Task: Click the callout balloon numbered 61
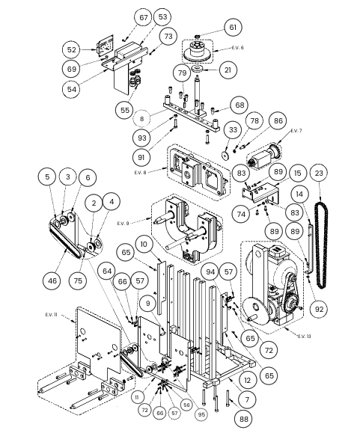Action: [233, 28]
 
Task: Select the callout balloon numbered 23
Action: [319, 173]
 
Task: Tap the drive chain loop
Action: [321, 245]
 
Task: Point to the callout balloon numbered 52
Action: [72, 50]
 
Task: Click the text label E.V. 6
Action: [237, 48]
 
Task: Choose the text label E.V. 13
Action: [305, 336]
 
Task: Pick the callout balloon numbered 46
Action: [52, 280]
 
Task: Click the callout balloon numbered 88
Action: [244, 419]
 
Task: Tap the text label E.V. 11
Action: [51, 315]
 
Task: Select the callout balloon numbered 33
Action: [233, 130]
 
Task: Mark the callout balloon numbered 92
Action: [319, 309]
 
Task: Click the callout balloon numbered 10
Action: [144, 244]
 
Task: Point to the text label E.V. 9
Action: [123, 224]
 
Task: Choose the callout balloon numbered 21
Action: [228, 70]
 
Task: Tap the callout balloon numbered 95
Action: [201, 414]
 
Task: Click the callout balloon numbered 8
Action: [141, 119]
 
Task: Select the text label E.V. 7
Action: [296, 131]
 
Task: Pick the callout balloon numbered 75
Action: [78, 280]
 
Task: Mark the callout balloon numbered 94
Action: [210, 271]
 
